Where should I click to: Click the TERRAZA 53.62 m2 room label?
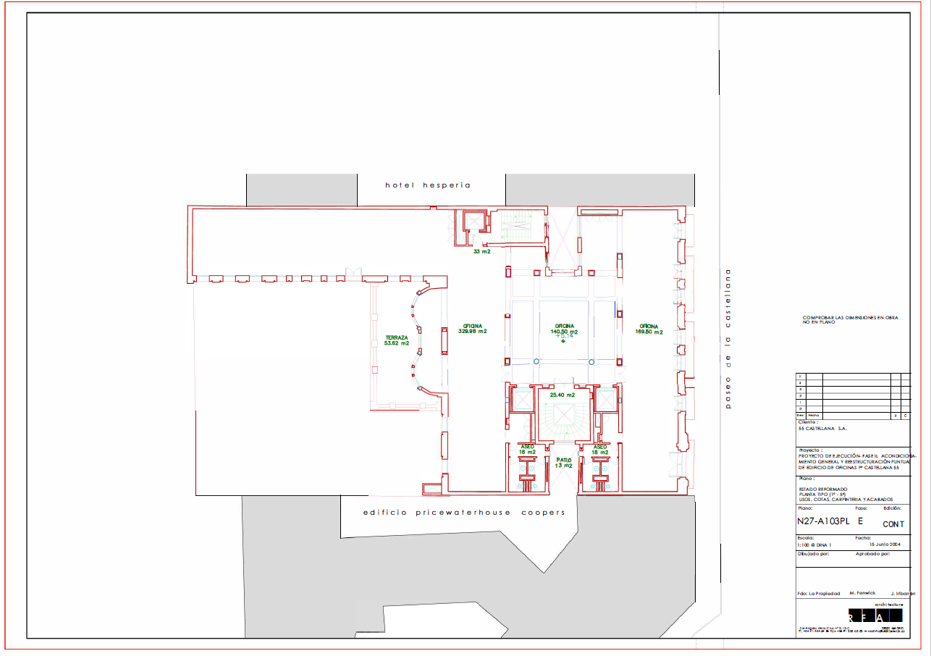coord(397,340)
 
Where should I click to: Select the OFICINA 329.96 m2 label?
coord(472,329)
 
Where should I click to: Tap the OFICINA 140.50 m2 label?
coord(564,329)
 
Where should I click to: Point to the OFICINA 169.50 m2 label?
coord(649,329)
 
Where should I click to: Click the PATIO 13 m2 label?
coord(564,463)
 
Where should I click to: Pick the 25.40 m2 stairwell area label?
coord(563,395)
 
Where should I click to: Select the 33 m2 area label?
coord(482,252)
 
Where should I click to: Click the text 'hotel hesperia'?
coord(427,185)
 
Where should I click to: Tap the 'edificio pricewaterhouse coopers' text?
coord(463,513)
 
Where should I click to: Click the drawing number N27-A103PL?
coord(822,521)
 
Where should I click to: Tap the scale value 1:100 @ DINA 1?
coord(814,544)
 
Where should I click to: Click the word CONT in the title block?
coord(893,523)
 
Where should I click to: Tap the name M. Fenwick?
coord(862,593)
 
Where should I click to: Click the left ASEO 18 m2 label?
coord(527,450)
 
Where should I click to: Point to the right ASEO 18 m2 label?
coord(599,450)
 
